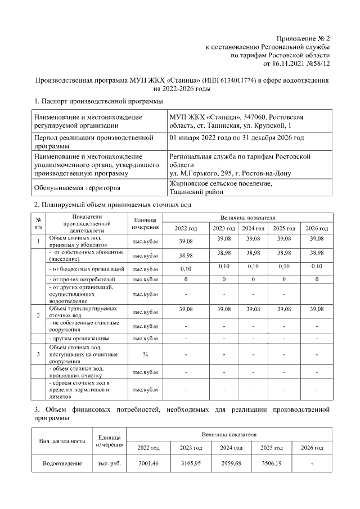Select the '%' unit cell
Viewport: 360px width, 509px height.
(x=145, y=354)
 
